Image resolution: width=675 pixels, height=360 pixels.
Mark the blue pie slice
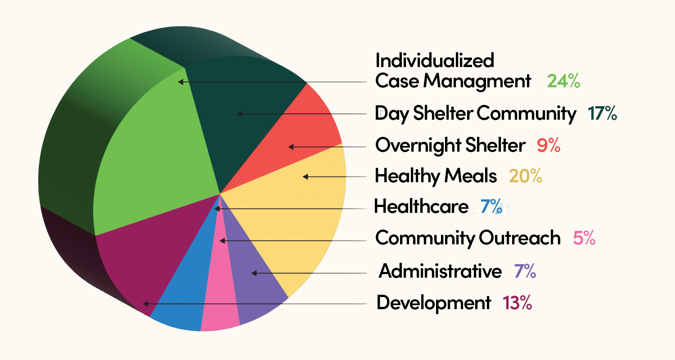pyautogui.click(x=184, y=292)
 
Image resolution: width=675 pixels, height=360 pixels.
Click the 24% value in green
pyautogui.click(x=563, y=81)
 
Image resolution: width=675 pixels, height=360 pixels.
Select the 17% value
pyautogui.click(x=602, y=114)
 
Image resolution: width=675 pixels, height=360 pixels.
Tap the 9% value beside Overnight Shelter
pyautogui.click(x=548, y=146)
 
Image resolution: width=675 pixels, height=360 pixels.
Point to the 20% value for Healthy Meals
pyautogui.click(x=525, y=176)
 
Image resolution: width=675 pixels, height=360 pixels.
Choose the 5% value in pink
pyautogui.click(x=584, y=238)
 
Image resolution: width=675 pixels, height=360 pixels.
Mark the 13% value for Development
pyautogui.click(x=517, y=303)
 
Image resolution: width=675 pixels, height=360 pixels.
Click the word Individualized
pyautogui.click(x=434, y=60)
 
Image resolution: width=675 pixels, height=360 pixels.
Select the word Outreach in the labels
pyautogui.click(x=519, y=238)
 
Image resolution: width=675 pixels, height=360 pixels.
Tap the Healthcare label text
pyautogui.click(x=421, y=207)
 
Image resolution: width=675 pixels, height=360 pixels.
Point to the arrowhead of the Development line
pyautogui.click(x=145, y=304)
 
